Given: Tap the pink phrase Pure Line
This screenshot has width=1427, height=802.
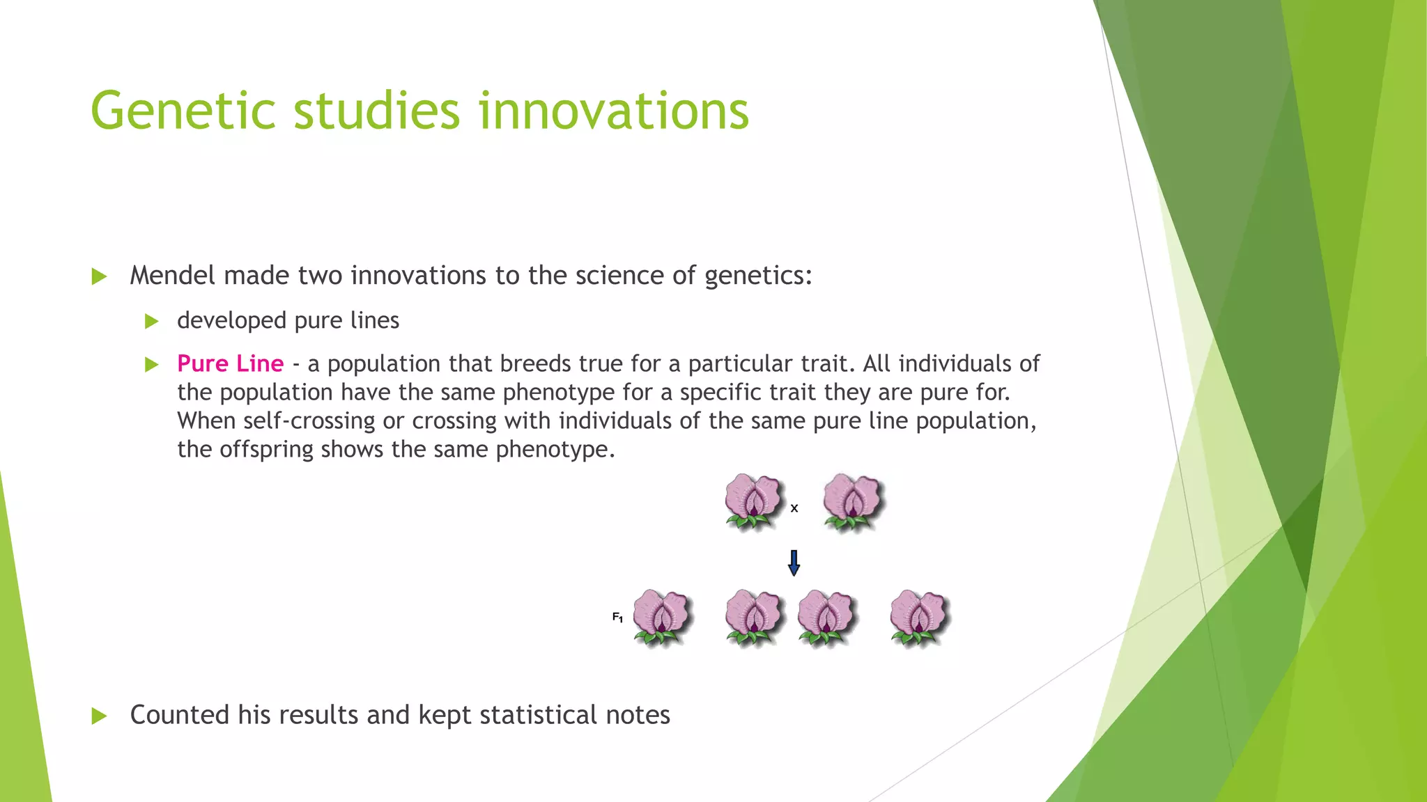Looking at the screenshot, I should point(230,364).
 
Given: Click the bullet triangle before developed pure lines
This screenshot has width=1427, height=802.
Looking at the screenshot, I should point(151,322).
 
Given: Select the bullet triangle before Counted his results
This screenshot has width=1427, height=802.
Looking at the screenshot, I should point(99,716).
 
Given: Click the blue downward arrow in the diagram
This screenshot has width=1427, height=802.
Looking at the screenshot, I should point(794,563).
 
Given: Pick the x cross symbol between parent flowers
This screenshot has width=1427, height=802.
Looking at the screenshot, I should point(794,509).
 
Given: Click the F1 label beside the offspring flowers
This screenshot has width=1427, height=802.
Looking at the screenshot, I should point(617,617).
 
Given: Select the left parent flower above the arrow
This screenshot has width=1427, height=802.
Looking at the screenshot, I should point(753,501).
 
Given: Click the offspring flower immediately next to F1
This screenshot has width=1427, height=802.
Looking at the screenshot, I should point(661,618).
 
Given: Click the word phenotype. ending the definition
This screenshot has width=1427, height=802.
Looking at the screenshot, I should point(555,450).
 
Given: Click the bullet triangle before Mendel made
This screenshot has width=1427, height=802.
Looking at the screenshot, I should point(99,277).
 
